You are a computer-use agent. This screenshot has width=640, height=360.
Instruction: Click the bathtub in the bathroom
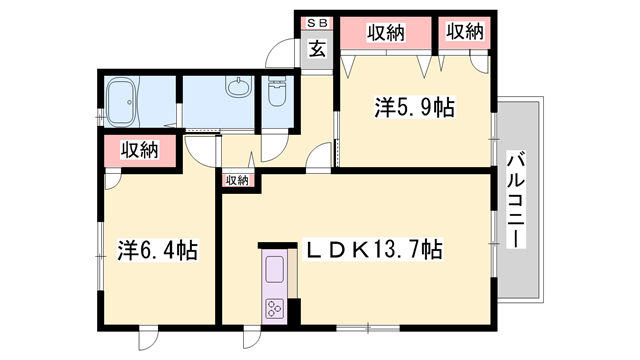coord(120,102)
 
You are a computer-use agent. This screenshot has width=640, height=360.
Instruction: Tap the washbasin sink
coord(238,87)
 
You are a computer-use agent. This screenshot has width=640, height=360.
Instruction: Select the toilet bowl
coord(276,91)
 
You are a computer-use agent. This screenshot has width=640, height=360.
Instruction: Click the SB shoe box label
coord(317,24)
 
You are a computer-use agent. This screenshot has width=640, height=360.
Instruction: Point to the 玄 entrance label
coord(317,49)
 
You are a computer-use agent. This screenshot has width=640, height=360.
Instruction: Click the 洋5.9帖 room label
coord(414,107)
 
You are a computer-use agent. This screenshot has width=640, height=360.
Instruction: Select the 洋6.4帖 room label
coord(158,250)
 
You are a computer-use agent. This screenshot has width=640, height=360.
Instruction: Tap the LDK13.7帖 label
coord(374,249)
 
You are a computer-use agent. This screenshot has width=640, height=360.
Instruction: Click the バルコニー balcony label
coord(516,199)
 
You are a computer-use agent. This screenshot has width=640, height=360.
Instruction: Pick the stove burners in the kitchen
coord(274,308)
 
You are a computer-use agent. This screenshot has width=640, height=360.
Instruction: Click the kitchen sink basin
coord(274,269)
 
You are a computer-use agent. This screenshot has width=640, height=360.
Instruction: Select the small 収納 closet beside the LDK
coord(238,180)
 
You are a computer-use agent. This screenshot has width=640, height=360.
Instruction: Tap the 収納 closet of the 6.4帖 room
coord(140,151)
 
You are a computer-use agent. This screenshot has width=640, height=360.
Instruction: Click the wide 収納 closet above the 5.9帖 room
coord(386,33)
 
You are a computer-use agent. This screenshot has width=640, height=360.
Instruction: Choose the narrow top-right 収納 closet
coord(464,32)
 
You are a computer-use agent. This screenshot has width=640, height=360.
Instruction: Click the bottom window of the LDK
coord(368,328)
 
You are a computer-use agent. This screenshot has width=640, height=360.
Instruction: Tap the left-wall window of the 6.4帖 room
coord(100,256)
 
